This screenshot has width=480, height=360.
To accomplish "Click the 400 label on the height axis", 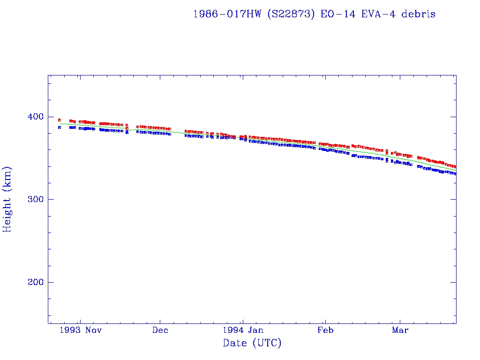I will [36, 117].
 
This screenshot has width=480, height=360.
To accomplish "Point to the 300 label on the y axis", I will [36, 199].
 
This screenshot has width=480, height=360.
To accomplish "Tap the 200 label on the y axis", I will [36, 282].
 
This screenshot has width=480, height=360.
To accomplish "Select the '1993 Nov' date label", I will [83, 330].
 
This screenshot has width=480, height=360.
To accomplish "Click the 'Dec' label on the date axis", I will [160, 330].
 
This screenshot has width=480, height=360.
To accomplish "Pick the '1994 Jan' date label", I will [242, 330].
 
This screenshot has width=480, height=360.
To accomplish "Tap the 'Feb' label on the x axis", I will [325, 330].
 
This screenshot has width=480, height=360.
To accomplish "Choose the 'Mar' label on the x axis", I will [400, 330].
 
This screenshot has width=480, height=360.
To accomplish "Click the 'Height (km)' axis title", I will [7, 199].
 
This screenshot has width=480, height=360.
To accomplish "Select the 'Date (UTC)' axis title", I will [252, 343].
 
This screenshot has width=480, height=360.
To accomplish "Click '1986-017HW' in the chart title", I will [223, 14].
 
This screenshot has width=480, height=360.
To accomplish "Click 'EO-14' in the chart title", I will [335, 14].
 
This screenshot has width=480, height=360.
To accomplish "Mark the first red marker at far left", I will [60, 120].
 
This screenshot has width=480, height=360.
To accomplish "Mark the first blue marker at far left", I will [60, 127].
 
